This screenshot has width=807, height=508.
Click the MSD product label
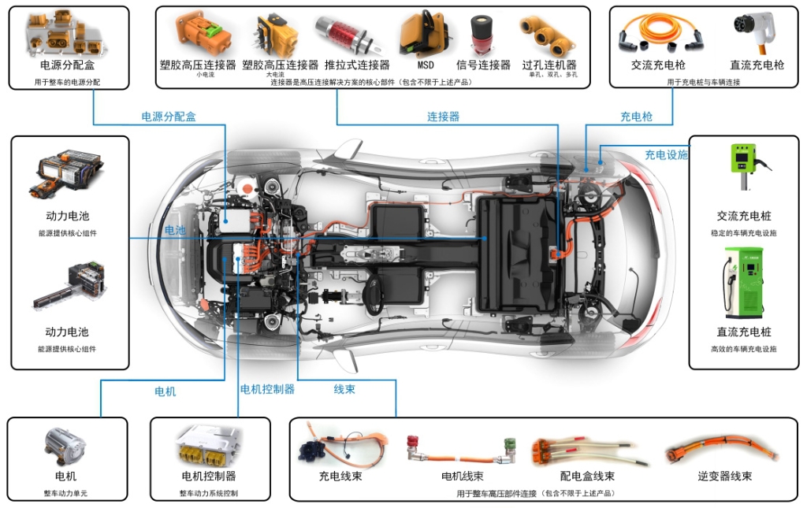[x=426, y=65]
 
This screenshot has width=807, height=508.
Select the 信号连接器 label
[x=483, y=65]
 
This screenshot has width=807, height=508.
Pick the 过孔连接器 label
[x=549, y=65]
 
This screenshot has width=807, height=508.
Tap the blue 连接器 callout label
[x=443, y=117]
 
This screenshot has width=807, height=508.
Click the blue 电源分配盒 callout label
[x=169, y=117]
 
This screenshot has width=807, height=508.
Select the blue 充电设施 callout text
[x=666, y=154]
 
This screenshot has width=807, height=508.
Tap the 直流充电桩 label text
[x=744, y=332]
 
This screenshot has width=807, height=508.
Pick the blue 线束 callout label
[x=344, y=389]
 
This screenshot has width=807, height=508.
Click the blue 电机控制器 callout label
[x=267, y=389]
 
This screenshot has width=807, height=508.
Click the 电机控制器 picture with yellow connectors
[x=209, y=447]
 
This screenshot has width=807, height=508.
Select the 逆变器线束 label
[x=724, y=476]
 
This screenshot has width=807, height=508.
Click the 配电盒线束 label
[x=587, y=476]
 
